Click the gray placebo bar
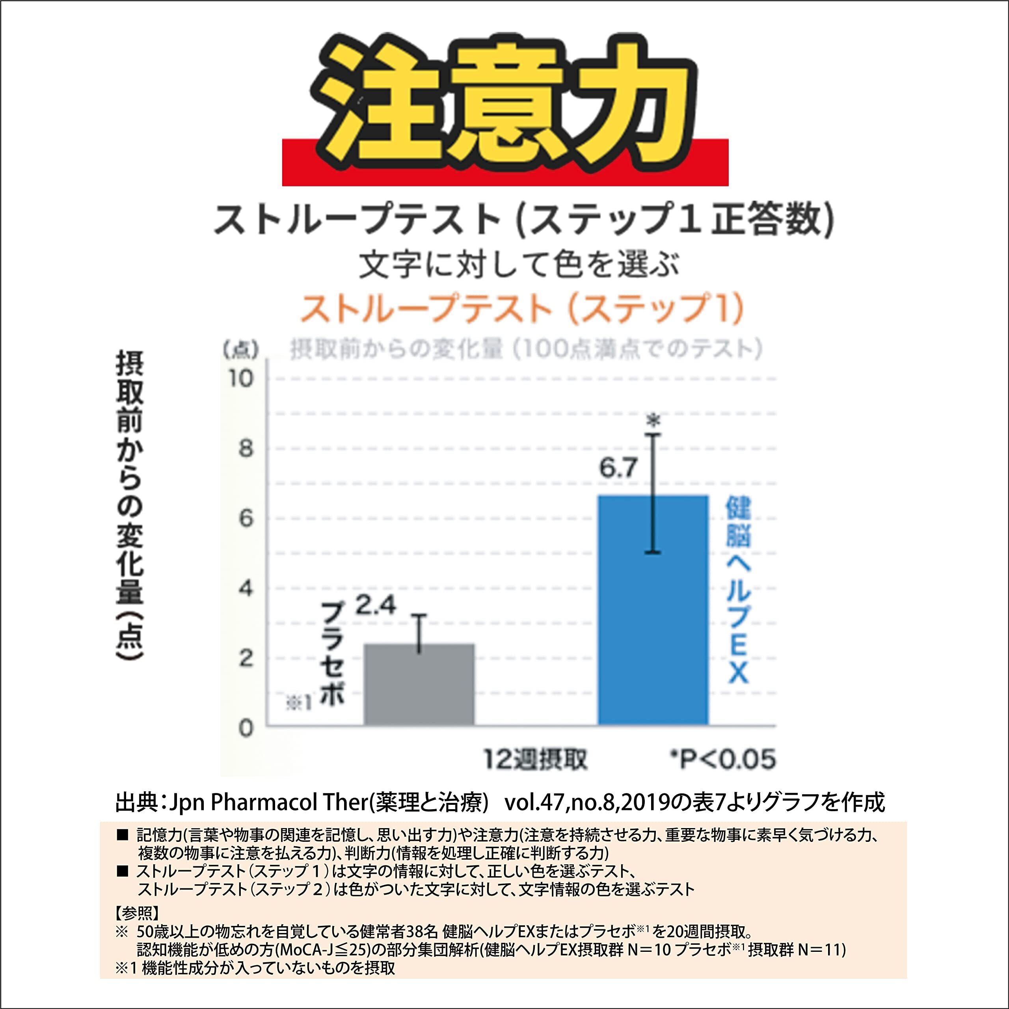tap(419, 684)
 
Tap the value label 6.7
tap(618, 468)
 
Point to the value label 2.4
tap(376, 606)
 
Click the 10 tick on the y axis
tap(241, 378)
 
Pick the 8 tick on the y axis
tap(246, 448)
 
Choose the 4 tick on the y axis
tap(246, 588)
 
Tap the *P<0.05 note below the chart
tap(723, 760)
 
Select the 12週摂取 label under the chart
tap(535, 760)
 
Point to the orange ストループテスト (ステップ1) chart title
tap(521, 309)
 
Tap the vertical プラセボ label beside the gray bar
tap(332, 653)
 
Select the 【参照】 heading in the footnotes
tap(136, 912)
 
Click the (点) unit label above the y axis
tap(241, 350)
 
